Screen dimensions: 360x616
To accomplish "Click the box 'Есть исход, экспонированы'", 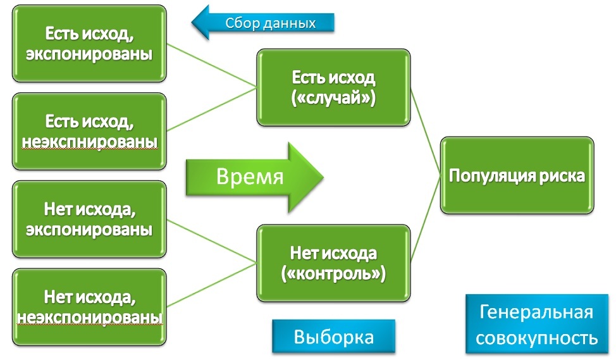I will (89, 42).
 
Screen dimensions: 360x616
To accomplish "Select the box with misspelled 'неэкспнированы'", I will (89, 131).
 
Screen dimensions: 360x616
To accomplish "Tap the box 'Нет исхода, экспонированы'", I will (89, 219).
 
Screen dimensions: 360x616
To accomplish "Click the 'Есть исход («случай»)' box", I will (333, 89).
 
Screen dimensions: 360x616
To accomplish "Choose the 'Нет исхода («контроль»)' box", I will (333, 264).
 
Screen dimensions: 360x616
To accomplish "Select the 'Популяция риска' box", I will (517, 175).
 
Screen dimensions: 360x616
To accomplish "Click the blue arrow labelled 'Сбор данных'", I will (266, 23).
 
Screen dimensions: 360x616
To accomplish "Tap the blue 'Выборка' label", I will (333, 337).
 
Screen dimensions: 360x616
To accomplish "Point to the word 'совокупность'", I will (536, 338).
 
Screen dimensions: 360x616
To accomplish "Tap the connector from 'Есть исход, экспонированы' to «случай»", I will (212, 66).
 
